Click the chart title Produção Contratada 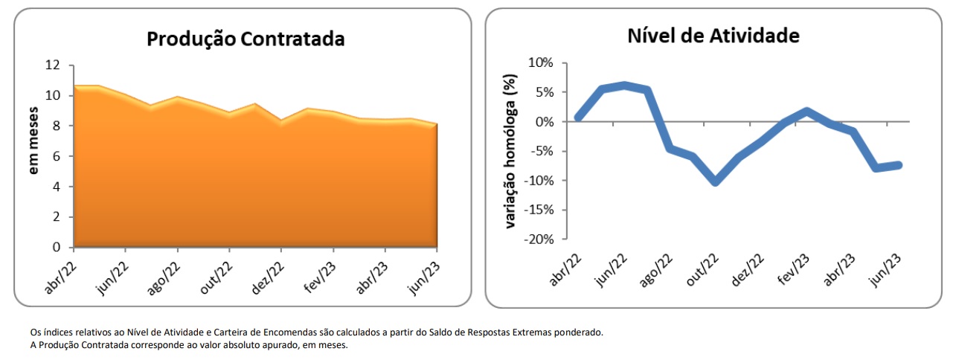click(246, 39)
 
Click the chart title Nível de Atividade click(713, 36)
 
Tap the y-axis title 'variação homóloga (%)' click(510, 151)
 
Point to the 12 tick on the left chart click(52, 65)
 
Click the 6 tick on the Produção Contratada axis click(56, 156)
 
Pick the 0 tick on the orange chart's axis click(56, 247)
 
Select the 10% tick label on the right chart click(541, 62)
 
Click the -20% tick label click(538, 240)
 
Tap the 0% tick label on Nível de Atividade click(544, 121)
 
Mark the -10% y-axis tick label click(538, 181)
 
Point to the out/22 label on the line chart click(702, 269)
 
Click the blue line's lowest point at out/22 click(715, 181)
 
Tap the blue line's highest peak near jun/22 click(625, 86)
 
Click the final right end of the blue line click(899, 164)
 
